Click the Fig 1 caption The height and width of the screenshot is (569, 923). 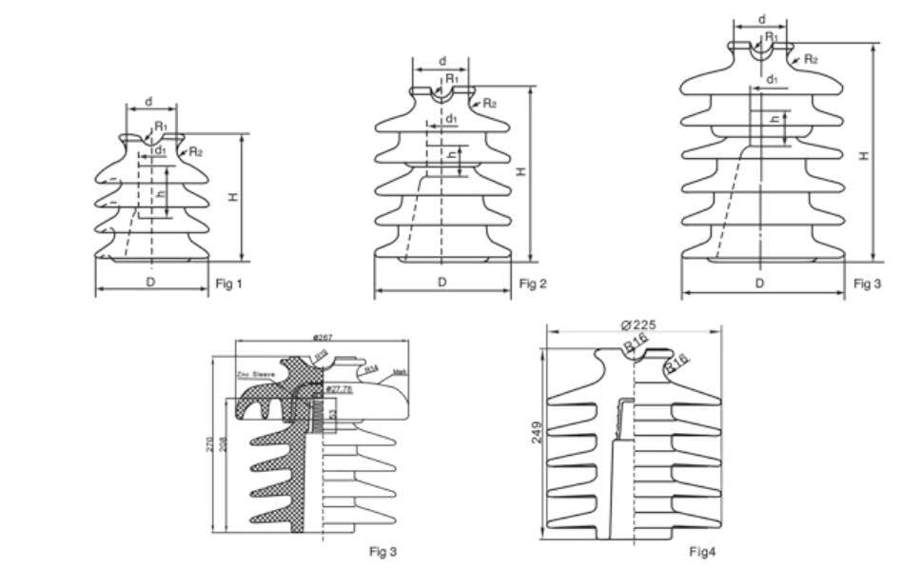coord(229,284)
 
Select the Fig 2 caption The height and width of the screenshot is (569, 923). coord(533,284)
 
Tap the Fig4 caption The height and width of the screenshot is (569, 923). coord(701,552)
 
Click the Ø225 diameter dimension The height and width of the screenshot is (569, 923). coord(638,324)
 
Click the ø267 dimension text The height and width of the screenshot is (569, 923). coord(322,338)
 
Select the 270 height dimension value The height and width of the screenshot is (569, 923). coord(210,443)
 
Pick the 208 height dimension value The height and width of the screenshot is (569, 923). coord(223,443)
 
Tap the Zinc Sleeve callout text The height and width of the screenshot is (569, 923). coord(256,375)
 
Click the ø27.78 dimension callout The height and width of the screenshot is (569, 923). coord(339,389)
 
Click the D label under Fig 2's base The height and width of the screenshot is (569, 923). coord(442,283)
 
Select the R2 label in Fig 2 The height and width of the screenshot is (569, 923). coord(489,103)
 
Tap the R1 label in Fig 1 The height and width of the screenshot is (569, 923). coord(161,126)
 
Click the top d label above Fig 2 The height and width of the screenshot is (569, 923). coord(442,62)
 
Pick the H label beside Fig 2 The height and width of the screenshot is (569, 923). coord(521,171)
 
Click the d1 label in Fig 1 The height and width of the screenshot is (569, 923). coord(160,150)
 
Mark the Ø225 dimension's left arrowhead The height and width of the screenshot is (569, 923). coord(549,331)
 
